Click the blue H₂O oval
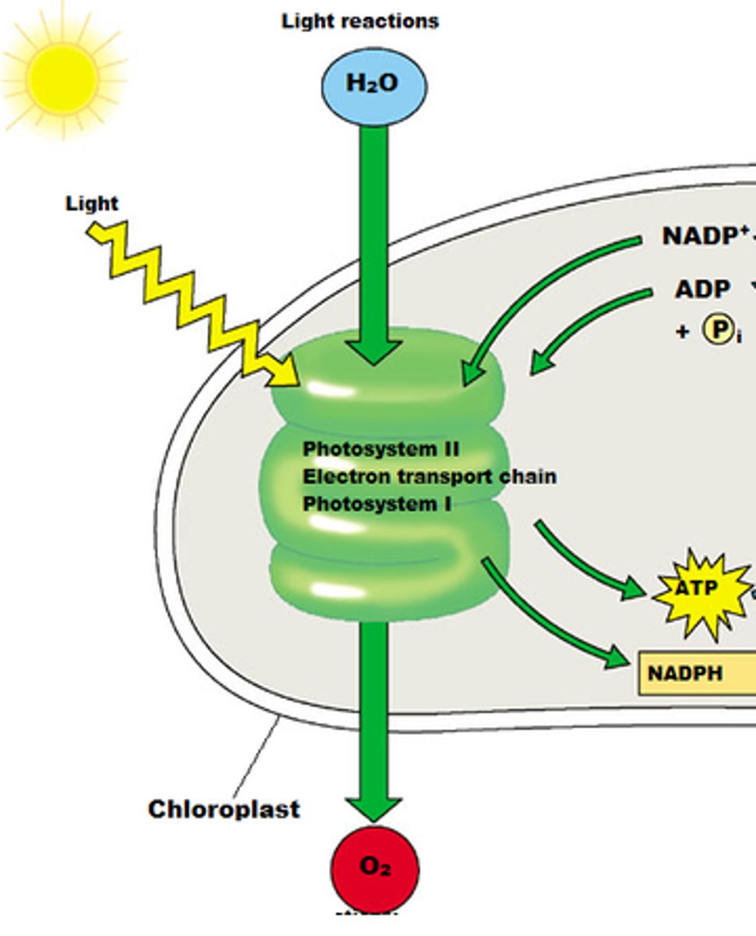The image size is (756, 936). tap(374, 84)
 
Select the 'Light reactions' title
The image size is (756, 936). tap(359, 21)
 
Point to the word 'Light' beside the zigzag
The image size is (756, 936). tap(91, 204)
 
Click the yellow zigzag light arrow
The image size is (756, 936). tap(195, 304)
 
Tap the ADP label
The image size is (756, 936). tap(702, 289)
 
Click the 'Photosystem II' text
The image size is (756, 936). tap(380, 449)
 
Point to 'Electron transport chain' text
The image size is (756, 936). tap(429, 476)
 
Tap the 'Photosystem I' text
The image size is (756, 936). tap(376, 503)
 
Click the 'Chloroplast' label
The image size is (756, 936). tap(224, 809)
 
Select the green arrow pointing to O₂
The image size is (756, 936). tap(374, 718)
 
